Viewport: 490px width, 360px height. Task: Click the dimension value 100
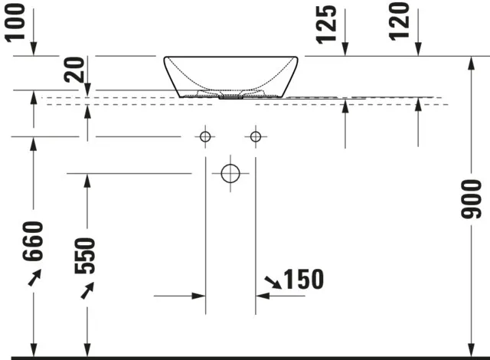15,23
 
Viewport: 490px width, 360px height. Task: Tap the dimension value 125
326,25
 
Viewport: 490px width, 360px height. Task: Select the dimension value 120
399,21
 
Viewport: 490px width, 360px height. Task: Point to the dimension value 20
74,70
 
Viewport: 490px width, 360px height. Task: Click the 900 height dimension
472,199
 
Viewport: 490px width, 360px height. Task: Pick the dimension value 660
33,241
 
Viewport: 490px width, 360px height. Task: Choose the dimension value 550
85,256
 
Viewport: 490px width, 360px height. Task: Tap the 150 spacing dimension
303,279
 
